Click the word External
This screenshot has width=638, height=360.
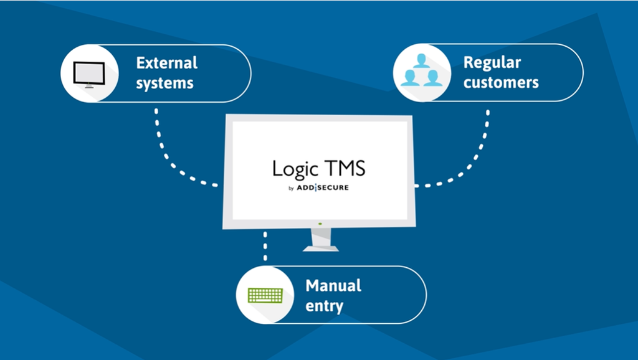click(167, 63)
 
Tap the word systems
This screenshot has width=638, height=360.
click(164, 83)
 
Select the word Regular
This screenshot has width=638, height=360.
click(492, 64)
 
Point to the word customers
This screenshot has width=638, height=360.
click(501, 83)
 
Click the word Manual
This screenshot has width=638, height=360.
click(333, 285)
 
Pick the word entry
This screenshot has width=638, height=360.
click(324, 306)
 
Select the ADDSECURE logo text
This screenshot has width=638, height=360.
click(323, 187)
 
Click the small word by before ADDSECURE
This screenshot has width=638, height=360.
click(291, 188)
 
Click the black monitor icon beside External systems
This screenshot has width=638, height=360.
click(89, 75)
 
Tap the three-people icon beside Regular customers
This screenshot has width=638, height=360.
click(422, 70)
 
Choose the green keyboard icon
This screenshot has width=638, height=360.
click(265, 295)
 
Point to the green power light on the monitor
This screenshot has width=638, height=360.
click(320, 224)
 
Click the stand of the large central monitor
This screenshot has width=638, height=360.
click(321, 240)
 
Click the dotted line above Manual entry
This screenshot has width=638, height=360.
click(265, 245)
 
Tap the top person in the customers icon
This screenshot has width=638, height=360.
click(422, 61)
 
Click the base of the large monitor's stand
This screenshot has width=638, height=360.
click(321, 249)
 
